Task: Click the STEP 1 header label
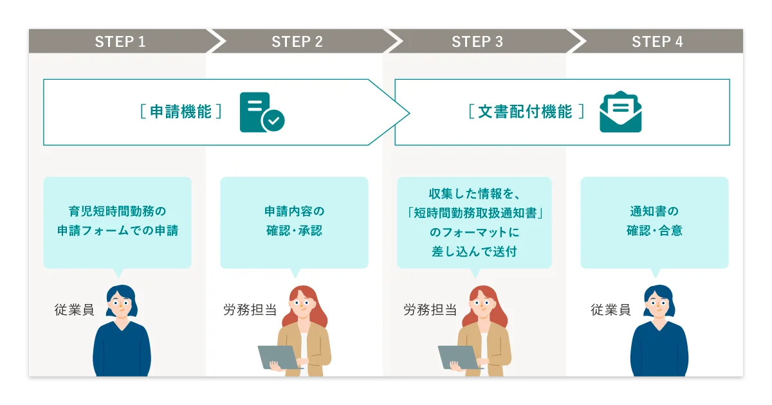coord(120,42)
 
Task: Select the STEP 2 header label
coord(297,42)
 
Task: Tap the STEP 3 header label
coord(477,42)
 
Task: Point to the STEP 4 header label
coord(657,42)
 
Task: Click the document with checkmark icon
coord(261,113)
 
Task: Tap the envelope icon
coord(620,113)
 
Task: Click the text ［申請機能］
coord(181,112)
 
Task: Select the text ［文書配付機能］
coord(526,112)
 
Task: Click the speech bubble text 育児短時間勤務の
coord(117,211)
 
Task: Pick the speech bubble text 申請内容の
coord(295,211)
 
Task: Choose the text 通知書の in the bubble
coord(654,211)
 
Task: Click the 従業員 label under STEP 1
coord(74,310)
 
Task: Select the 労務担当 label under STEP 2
coord(250,310)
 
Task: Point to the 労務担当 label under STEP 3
coord(430,310)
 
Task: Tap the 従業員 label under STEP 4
coord(611,310)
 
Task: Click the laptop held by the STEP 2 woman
coord(279,357)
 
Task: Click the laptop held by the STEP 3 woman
coord(459,357)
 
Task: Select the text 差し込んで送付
coord(475,251)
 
